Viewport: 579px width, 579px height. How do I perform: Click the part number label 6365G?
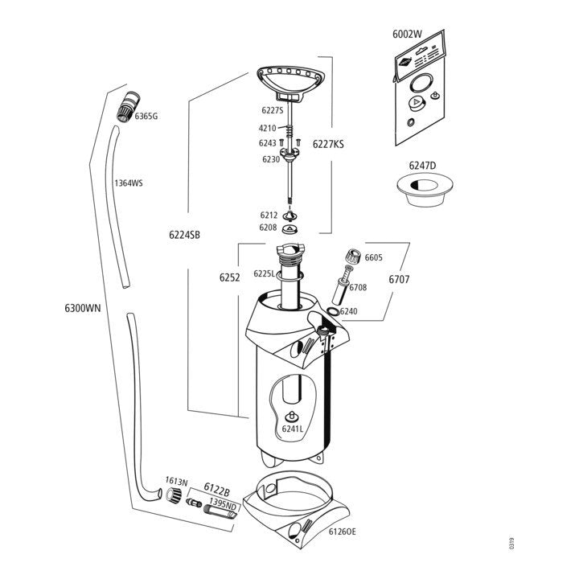[x=146, y=117]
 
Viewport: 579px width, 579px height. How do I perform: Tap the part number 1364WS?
[x=129, y=183]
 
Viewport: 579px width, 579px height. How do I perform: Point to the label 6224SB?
[x=184, y=235]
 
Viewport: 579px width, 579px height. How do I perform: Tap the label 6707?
[x=400, y=279]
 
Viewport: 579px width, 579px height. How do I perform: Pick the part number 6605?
[x=374, y=258]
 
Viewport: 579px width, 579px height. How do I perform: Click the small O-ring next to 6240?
[x=333, y=311]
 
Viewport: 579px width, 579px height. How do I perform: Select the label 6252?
[x=230, y=277]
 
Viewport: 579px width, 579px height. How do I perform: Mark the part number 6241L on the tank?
[x=292, y=429]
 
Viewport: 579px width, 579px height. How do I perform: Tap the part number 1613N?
[x=176, y=481]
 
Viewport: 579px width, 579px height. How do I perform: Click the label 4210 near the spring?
[x=267, y=129]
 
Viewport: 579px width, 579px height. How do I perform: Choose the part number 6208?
[x=268, y=228]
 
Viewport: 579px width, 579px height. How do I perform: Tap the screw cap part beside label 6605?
[x=351, y=257]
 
